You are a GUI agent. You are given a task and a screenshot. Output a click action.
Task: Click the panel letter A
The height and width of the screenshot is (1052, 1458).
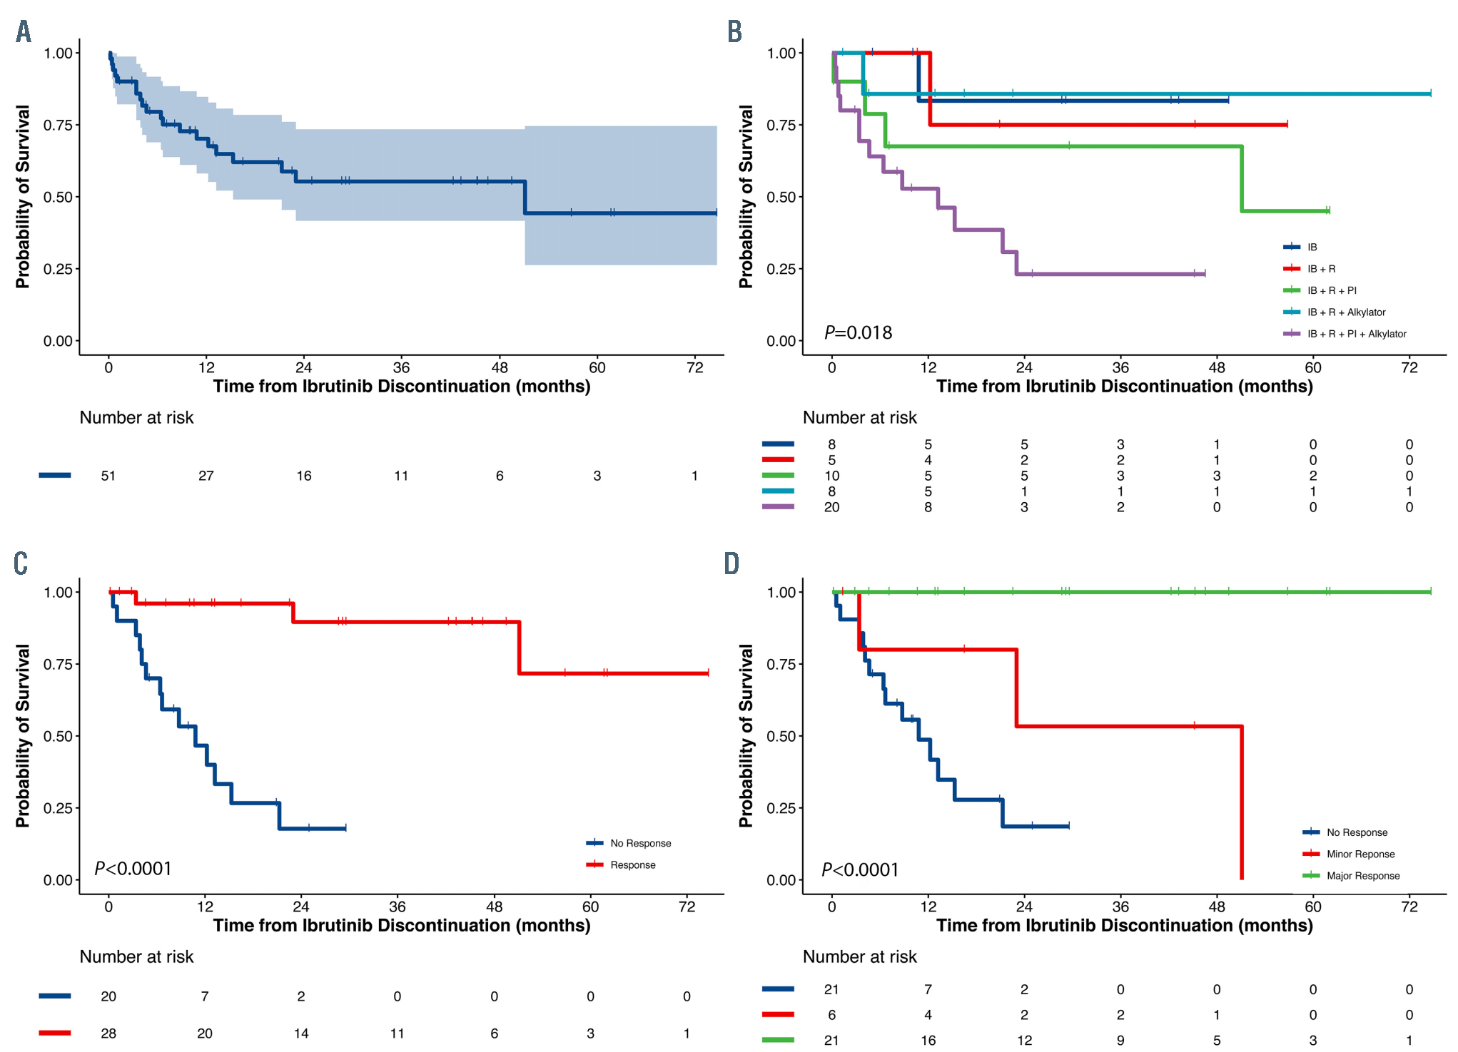(x=24, y=31)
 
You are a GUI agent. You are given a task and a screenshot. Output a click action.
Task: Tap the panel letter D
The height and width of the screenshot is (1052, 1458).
(x=731, y=563)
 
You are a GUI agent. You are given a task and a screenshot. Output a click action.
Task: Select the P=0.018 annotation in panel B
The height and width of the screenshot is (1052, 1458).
(x=858, y=332)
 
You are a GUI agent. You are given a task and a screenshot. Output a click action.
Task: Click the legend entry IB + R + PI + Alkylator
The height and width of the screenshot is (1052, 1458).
(x=1356, y=334)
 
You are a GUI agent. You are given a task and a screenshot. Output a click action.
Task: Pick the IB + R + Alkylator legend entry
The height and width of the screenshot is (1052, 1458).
(x=1345, y=312)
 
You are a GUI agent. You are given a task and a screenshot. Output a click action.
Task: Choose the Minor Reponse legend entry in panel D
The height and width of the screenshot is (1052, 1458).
(x=1360, y=854)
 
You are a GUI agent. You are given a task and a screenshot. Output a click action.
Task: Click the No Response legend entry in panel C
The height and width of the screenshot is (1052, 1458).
(x=639, y=843)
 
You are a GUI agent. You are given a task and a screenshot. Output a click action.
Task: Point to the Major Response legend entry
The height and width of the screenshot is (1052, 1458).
(x=1362, y=876)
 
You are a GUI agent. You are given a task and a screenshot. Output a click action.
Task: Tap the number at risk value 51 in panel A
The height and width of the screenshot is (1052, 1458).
(x=108, y=476)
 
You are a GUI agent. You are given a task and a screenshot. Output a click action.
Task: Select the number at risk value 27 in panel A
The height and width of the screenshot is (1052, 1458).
(x=206, y=476)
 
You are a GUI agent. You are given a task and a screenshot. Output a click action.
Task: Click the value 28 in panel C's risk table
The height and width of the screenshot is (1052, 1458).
(x=108, y=1033)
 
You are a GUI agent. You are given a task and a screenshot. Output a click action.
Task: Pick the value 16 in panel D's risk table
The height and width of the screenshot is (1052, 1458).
(x=928, y=1041)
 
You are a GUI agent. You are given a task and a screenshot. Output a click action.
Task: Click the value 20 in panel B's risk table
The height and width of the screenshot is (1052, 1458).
(x=831, y=507)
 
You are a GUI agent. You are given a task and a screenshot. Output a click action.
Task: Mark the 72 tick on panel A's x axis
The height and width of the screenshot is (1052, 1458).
(x=694, y=368)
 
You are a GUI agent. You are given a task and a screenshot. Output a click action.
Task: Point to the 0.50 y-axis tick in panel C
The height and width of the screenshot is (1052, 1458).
(x=58, y=736)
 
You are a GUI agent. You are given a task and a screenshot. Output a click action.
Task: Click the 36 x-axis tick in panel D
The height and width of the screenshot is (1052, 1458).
(x=1120, y=907)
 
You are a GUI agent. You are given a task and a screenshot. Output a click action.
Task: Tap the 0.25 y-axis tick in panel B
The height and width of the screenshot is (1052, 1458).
(x=781, y=269)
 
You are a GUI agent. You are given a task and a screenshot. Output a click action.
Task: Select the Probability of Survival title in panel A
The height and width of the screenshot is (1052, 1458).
(x=23, y=196)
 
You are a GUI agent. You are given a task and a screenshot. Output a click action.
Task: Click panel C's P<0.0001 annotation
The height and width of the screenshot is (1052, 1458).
(x=133, y=869)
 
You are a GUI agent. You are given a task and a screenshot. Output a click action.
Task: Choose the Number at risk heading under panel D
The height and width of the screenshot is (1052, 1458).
(x=859, y=956)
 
